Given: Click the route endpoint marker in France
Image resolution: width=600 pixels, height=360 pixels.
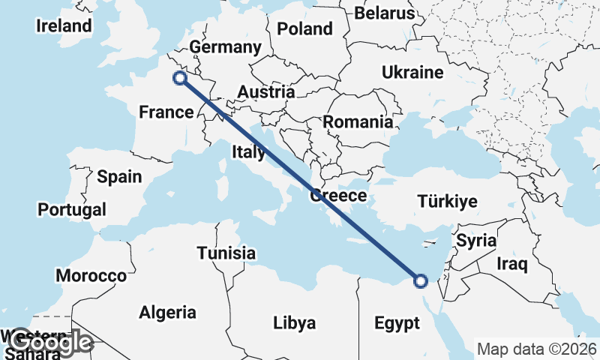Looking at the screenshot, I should [179, 77].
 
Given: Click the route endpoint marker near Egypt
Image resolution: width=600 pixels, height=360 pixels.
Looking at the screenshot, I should [421, 281].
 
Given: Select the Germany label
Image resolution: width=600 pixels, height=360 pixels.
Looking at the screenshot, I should [225, 47].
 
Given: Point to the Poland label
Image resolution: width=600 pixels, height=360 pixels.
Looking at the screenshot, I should [304, 29].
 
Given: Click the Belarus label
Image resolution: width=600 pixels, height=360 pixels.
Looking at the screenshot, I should [384, 13].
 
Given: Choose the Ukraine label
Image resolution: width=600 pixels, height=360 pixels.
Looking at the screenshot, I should [412, 73].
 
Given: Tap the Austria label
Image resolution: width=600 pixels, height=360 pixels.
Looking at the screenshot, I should [265, 92].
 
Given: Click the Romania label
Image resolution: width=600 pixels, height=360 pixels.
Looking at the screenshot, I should [358, 121].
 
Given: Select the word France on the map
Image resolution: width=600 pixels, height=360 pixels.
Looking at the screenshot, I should [166, 112].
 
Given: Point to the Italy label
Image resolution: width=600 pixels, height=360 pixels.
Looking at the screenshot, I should [248, 152].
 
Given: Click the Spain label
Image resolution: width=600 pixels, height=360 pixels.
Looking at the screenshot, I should [119, 177].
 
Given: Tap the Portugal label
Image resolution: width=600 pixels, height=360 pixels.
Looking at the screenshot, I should [72, 210].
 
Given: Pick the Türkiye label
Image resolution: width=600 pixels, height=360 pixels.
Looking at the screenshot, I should [448, 202].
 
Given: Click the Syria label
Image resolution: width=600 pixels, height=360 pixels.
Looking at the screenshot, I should [476, 241].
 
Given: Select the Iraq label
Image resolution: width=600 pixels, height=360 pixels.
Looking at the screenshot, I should [513, 264].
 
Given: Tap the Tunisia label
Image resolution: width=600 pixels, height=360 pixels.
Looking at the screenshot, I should [226, 253].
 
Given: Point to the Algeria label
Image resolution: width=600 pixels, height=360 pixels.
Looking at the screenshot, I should [168, 312].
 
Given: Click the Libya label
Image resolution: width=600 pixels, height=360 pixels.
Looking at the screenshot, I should [294, 323].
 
